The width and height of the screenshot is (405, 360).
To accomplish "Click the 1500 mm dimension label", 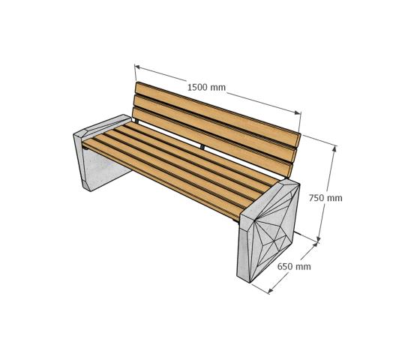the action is pos(206,88).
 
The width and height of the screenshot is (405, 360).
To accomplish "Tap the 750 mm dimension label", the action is pos(325,198).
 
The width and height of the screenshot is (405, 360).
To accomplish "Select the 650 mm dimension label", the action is pos(294,266).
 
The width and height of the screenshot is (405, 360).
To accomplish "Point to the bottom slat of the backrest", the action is pos(211,139).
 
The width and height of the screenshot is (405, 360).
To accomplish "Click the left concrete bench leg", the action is pos(100,155).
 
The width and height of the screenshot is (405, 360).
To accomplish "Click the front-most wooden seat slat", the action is pos(163,178).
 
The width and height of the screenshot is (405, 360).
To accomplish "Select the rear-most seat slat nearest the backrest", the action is pos(204,152).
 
